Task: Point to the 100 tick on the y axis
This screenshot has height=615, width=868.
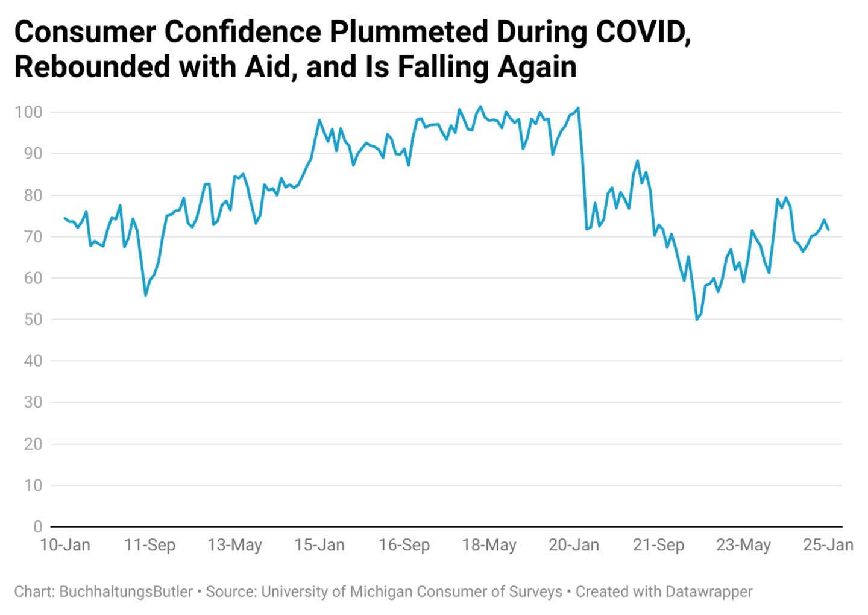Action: click(x=28, y=112)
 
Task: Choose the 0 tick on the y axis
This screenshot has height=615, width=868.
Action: click(x=37, y=527)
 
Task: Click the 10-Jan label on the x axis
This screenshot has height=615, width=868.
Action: click(x=64, y=546)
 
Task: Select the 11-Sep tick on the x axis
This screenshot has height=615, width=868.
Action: click(x=149, y=546)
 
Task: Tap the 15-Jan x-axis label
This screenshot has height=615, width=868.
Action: click(x=319, y=546)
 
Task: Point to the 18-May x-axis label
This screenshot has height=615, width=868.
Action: click(x=489, y=546)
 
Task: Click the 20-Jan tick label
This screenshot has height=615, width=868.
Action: click(x=574, y=546)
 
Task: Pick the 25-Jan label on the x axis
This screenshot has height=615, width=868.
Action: click(x=828, y=546)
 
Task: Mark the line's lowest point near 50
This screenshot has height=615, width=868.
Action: click(x=697, y=319)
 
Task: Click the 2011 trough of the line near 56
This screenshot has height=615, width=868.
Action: click(x=145, y=295)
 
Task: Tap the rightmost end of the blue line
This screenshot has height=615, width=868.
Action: click(x=828, y=230)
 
